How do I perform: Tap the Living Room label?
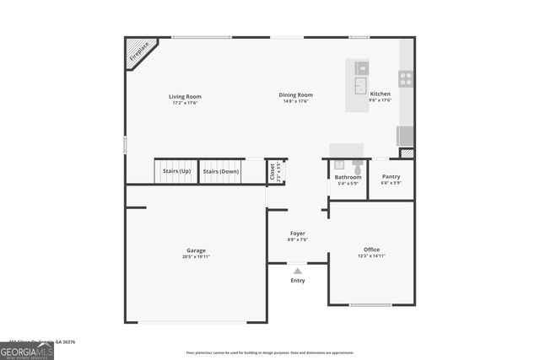185,96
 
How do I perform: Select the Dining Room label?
296,95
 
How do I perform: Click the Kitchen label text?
381,94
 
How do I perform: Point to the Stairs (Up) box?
176,171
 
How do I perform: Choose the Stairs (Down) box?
221,171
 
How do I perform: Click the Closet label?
273,171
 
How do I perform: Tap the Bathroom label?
348,177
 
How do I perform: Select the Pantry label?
391,177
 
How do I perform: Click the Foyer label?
298,233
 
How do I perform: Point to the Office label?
371,250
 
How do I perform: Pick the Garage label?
196,250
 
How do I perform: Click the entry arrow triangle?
298,271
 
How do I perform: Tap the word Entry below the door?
298,280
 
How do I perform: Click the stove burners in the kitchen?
406,78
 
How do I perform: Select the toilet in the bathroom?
358,169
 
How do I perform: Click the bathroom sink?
339,164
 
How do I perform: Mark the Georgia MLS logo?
27,349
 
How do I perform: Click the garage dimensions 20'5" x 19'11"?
196,256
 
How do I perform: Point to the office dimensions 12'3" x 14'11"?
371,256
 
